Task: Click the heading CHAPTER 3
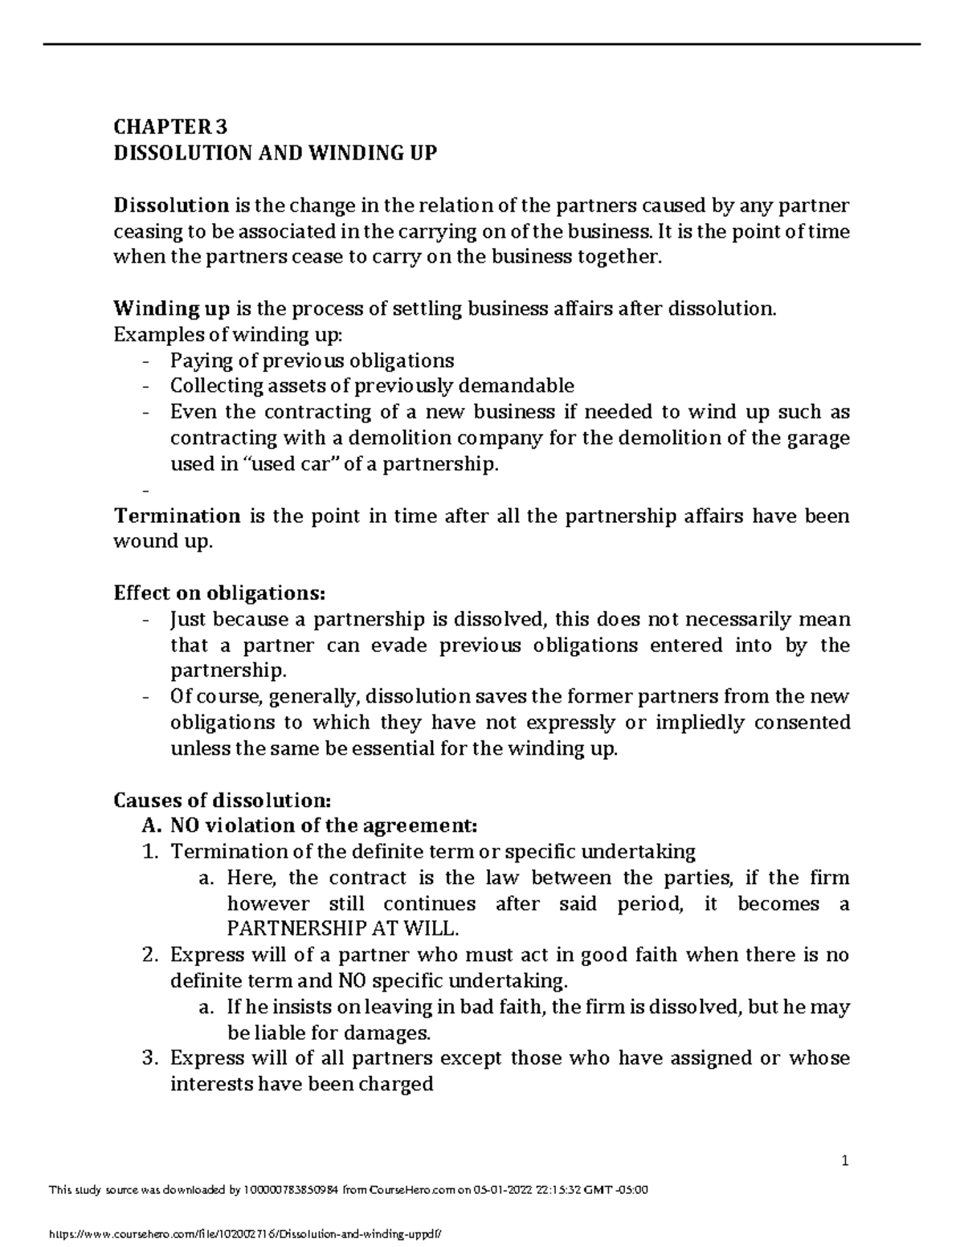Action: [170, 127]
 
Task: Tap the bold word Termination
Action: [177, 516]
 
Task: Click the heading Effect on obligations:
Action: [220, 593]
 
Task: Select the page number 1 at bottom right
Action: [845, 1161]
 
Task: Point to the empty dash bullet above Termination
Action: [145, 491]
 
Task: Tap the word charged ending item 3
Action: [399, 1085]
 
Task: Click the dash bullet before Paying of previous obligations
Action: [145, 361]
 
